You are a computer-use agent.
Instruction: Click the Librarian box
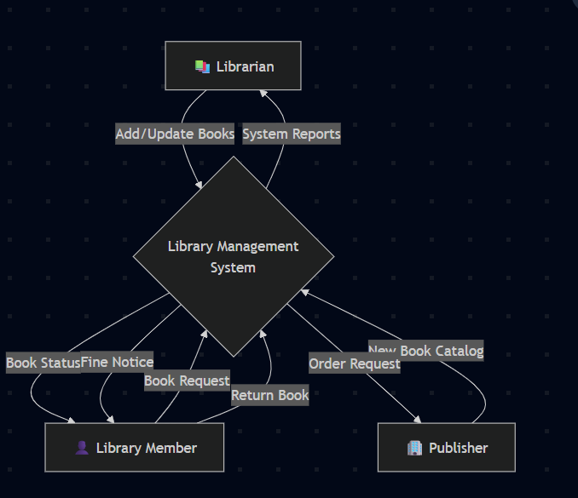click(233, 66)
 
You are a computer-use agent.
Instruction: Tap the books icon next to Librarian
click(201, 66)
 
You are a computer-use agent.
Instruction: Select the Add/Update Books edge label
click(175, 134)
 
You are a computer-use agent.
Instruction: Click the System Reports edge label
click(292, 134)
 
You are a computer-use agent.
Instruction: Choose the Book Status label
click(43, 363)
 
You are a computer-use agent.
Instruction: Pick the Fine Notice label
click(118, 361)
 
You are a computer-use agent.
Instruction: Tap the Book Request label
click(187, 381)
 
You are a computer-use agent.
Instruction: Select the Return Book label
click(270, 395)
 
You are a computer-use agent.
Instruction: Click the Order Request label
click(354, 363)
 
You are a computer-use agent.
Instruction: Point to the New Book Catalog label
click(427, 350)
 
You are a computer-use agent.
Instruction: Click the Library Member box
click(135, 448)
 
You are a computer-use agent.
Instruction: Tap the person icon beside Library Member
click(82, 448)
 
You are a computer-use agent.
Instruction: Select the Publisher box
click(447, 448)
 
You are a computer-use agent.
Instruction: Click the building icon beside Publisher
click(415, 448)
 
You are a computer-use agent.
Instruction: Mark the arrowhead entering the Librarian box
click(263, 94)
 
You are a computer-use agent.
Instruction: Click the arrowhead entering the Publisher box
click(418, 419)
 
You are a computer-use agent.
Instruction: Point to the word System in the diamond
click(233, 267)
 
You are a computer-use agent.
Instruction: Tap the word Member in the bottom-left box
click(171, 448)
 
